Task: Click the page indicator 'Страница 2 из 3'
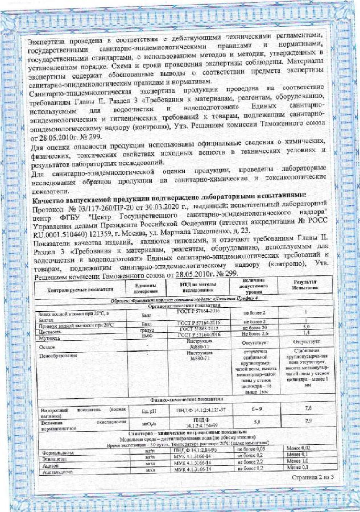[x=313, y=477]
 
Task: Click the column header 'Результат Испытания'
[x=305, y=285]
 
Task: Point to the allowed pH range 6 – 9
[x=257, y=409]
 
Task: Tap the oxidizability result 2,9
[x=308, y=421]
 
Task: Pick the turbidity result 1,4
[x=306, y=333]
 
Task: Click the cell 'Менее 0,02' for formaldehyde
[x=298, y=448]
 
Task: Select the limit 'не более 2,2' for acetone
[x=250, y=462]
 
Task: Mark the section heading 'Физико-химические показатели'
[x=187, y=399]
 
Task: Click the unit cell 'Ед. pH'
[x=149, y=411]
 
